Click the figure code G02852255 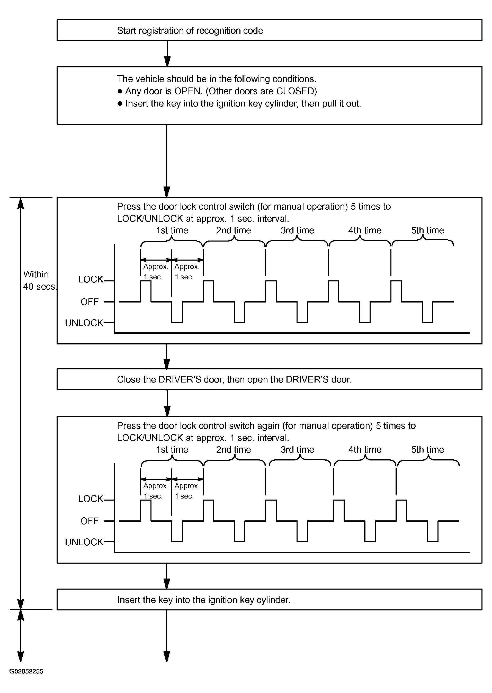pos(26,680)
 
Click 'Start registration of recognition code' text pos(190,31)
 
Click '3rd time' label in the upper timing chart pos(297,230)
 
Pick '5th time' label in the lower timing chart pos(427,450)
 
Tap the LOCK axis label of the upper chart pos(91,279)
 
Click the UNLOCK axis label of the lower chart pos(84,542)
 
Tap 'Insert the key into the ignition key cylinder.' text pos(204,600)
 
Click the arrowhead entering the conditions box pos(167,62)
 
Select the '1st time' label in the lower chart pos(172,450)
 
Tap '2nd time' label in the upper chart pos(233,230)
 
